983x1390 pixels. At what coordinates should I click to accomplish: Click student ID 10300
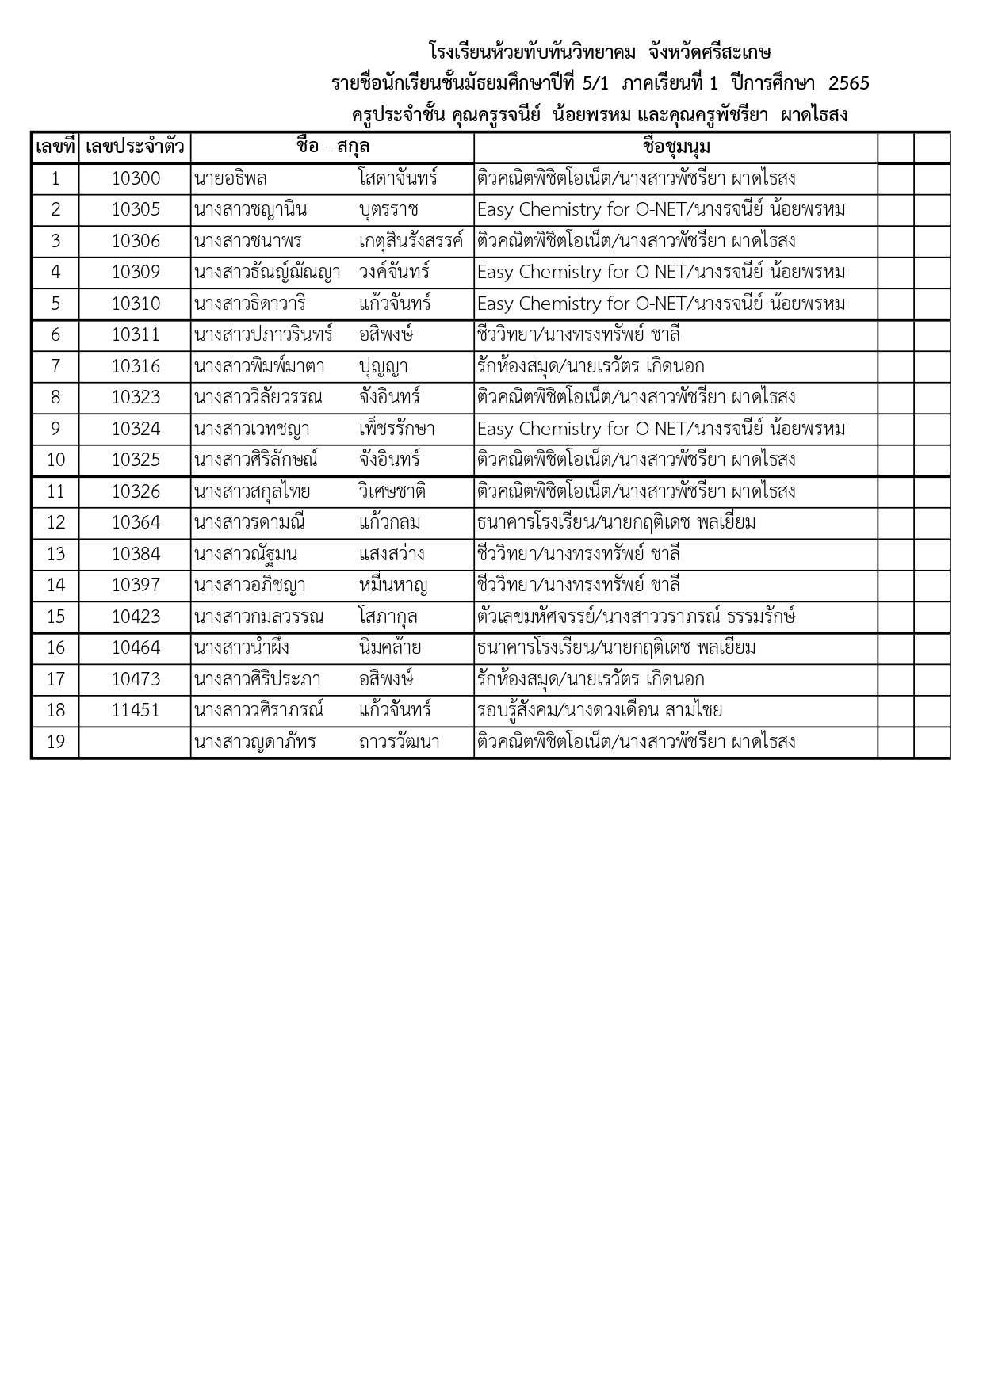pos(136,178)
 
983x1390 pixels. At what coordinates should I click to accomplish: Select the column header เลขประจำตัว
pos(135,147)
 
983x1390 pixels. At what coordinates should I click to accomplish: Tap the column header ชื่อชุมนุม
pos(676,147)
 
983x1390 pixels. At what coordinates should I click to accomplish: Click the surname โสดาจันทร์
pos(398,178)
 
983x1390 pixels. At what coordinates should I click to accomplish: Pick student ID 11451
pos(136,710)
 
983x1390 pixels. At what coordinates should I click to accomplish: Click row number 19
pos(55,742)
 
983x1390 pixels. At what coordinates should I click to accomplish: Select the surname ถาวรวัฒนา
pos(399,742)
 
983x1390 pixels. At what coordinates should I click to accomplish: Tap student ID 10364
pos(136,522)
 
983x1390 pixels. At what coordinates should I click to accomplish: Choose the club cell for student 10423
pos(636,617)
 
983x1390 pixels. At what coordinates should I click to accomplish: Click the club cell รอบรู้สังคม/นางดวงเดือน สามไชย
pos(599,710)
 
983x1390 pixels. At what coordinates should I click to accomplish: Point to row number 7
pos(55,366)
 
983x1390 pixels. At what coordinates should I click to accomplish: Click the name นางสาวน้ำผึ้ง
pos(242,647)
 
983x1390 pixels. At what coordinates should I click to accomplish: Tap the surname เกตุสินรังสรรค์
pos(411,241)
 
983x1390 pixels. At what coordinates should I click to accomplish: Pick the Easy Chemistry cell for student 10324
pos(661,429)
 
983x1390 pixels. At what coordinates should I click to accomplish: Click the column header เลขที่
pos(55,147)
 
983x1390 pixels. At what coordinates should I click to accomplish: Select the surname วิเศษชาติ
pos(392,491)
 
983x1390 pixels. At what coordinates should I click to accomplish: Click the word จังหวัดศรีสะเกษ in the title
pos(710,52)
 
